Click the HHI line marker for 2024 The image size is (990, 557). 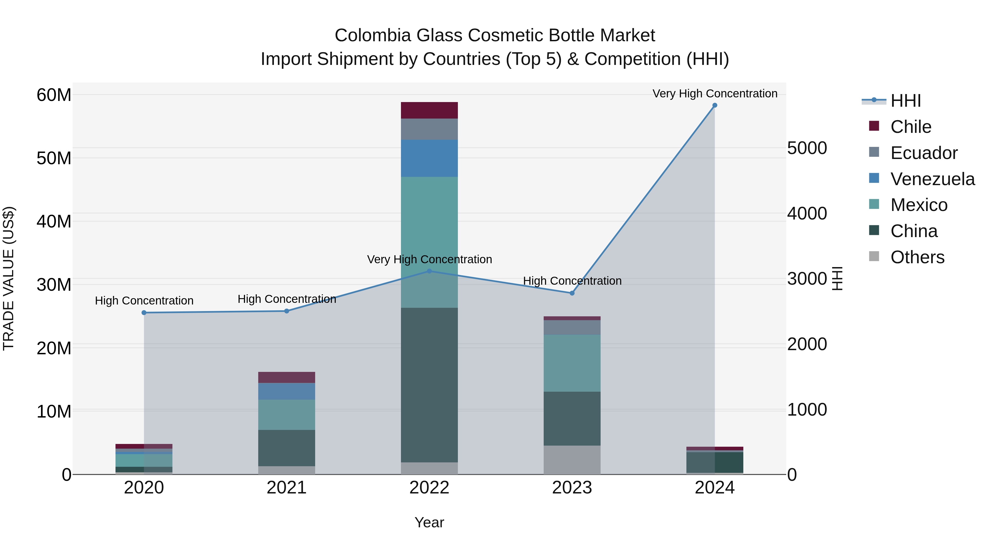[714, 105]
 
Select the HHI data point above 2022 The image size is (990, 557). [429, 271]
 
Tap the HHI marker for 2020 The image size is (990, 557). [144, 312]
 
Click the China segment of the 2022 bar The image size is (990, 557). [429, 385]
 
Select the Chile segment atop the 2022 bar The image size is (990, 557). [429, 110]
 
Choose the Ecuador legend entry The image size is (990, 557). [924, 153]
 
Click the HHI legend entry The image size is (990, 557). [906, 101]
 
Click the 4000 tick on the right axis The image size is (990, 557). [807, 213]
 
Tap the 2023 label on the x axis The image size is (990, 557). [572, 488]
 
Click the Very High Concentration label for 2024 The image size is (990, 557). [714, 94]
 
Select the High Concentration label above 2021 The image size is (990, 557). [287, 299]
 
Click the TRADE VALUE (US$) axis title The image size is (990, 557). [9, 278]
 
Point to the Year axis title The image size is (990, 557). [429, 522]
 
